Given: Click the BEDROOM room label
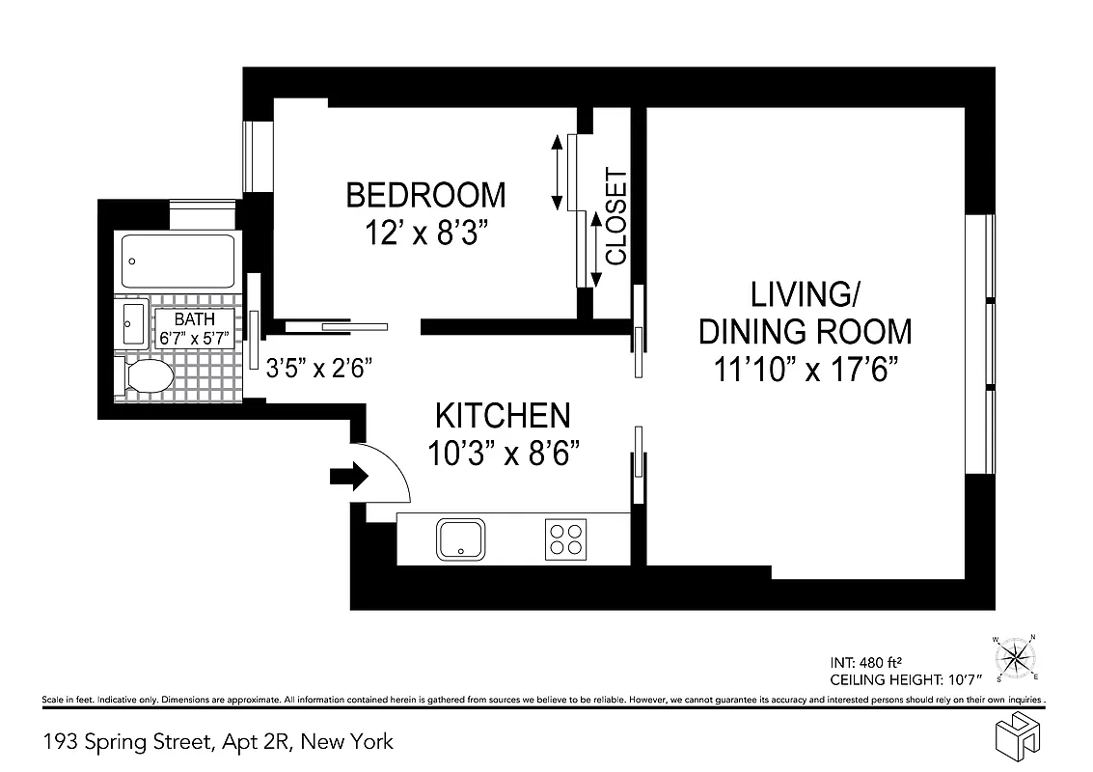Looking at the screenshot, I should point(425,195).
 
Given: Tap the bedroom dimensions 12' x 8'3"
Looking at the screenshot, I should point(425,234).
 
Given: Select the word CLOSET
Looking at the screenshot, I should point(615,217).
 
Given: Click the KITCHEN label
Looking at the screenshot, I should point(503,416).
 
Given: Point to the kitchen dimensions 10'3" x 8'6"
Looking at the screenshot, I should point(503,453).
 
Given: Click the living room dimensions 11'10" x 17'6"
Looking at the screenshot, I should point(805,371).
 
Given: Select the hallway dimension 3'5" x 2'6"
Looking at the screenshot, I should point(318,368).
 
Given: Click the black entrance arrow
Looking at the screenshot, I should point(348,476).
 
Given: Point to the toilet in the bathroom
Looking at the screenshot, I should point(145,376).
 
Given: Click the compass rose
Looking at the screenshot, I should point(1015,658).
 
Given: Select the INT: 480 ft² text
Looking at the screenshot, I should point(864,663).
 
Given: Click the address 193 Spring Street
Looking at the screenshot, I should point(218,741).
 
